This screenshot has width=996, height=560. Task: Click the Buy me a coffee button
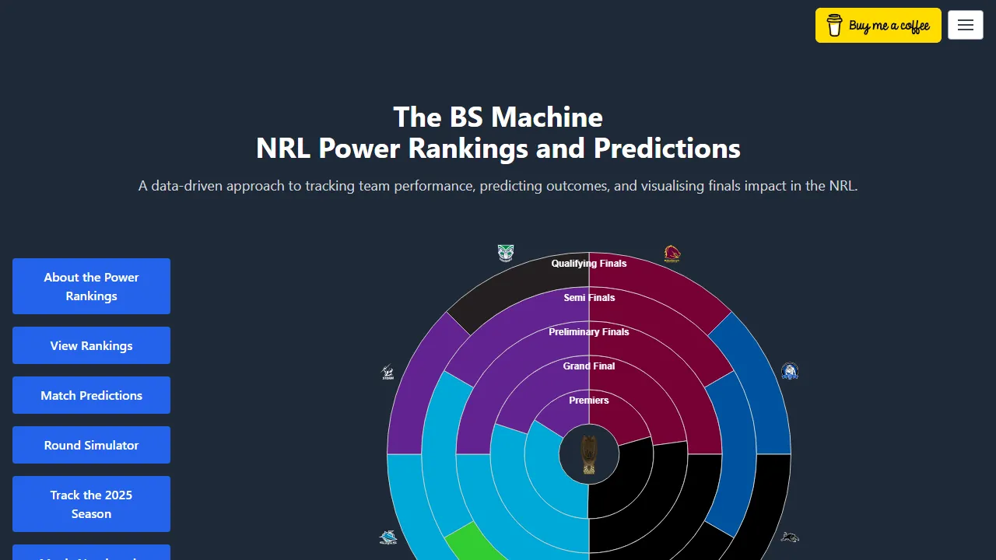coord(878,26)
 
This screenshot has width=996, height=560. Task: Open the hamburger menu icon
coord(966,25)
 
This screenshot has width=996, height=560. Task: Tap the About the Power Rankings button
coord(91,286)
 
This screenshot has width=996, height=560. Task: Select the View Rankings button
coord(91,345)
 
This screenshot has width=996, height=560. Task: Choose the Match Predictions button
coord(91,395)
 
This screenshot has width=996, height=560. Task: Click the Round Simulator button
coord(91,445)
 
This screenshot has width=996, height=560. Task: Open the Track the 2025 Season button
coord(91,504)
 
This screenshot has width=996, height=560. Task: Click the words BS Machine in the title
coord(526,117)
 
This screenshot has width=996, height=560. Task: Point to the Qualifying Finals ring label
coord(589,264)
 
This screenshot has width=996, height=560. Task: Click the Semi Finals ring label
coord(589,298)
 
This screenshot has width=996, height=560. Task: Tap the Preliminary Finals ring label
coord(589,332)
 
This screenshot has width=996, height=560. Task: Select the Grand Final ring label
coord(589,366)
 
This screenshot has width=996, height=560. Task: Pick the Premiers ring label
coord(589,401)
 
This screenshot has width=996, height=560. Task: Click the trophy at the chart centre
coord(589,454)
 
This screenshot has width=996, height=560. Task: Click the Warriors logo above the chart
coord(506,253)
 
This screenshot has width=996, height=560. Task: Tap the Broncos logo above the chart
coord(672,254)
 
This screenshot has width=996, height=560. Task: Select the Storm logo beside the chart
coord(388,373)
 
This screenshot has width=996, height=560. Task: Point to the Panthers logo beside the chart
coord(790,537)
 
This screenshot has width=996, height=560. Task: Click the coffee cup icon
coord(834,26)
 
